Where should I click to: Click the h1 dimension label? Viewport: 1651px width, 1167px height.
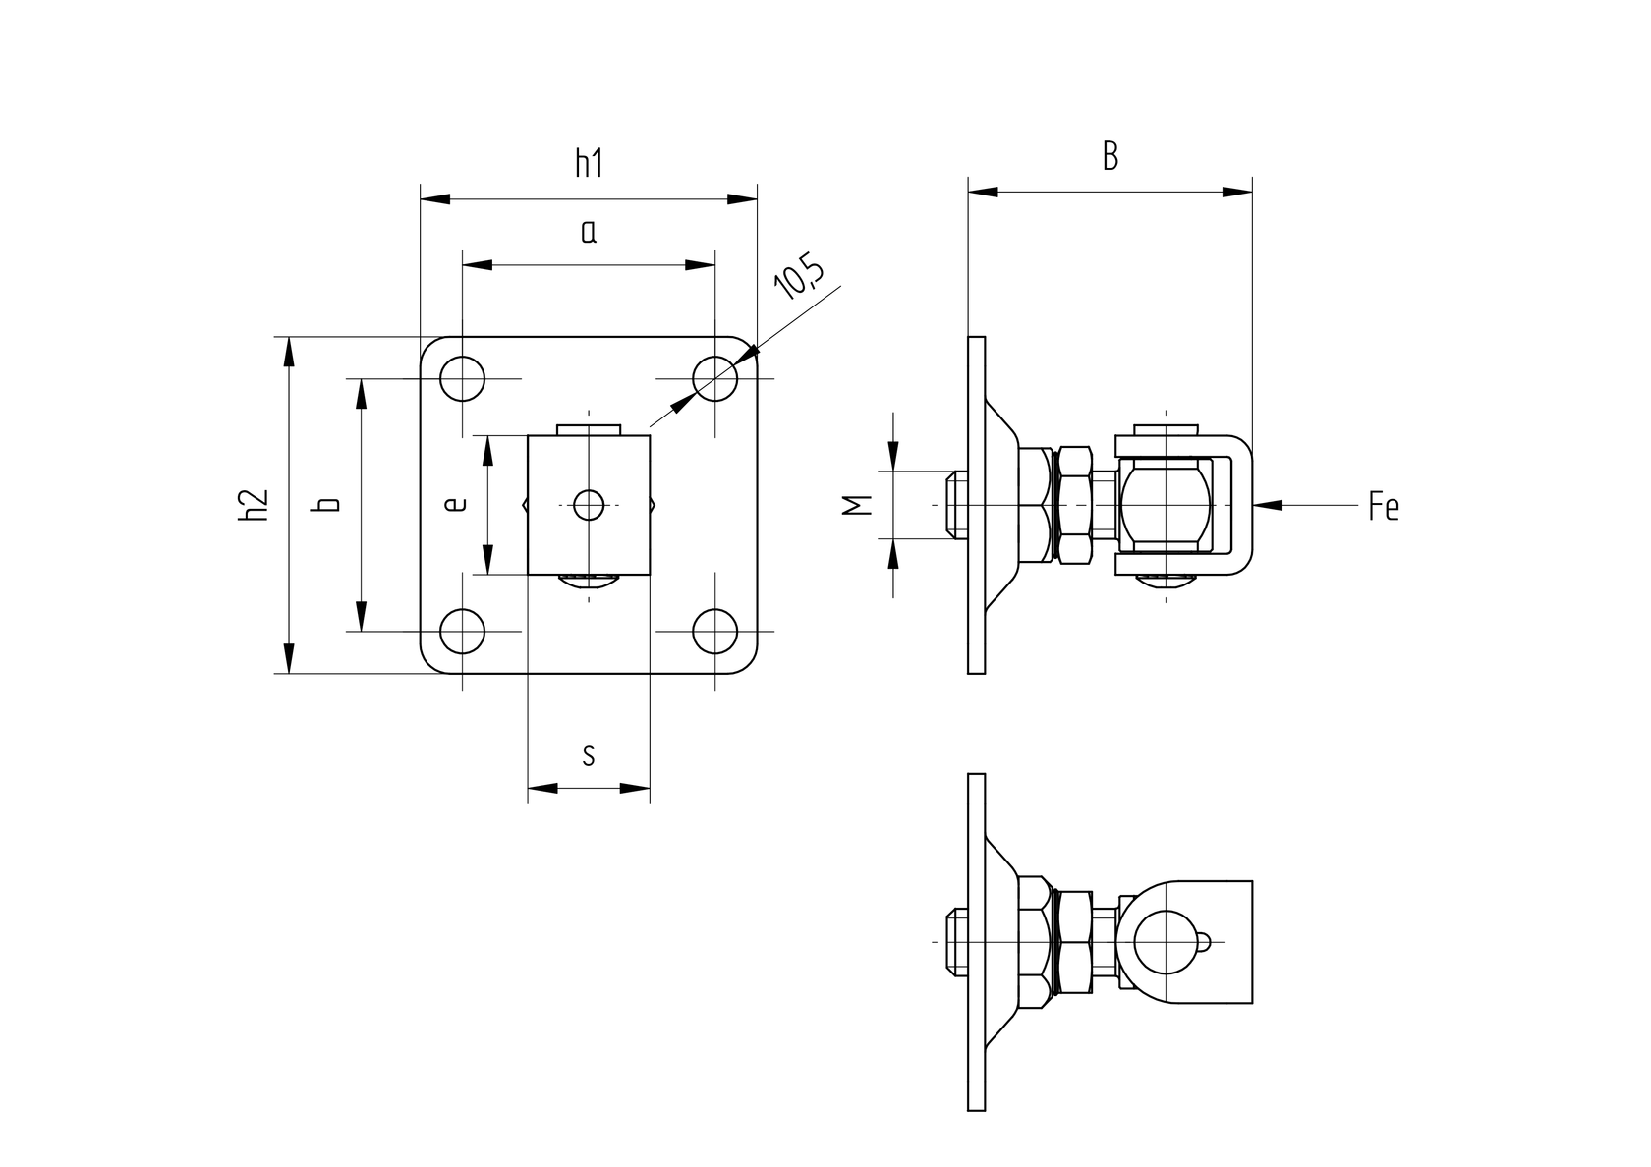pyautogui.click(x=589, y=163)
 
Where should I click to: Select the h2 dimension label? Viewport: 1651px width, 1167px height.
pyautogui.click(x=254, y=505)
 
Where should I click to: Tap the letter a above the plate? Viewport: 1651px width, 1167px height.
pyautogui.click(x=589, y=232)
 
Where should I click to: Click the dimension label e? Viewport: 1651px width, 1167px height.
pyautogui.click(x=453, y=505)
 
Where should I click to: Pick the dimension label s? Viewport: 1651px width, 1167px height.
pyautogui.click(x=589, y=754)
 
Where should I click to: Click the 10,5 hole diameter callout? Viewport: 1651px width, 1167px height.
pyautogui.click(x=799, y=277)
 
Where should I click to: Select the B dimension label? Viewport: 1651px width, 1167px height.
pyautogui.click(x=1110, y=156)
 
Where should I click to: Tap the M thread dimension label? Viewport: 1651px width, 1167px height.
pyautogui.click(x=858, y=505)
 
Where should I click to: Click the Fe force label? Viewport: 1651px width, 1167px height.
pyautogui.click(x=1383, y=507)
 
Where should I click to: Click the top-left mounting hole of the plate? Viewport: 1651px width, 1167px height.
pyautogui.click(x=463, y=378)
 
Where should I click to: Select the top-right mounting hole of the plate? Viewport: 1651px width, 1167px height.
pyautogui.click(x=715, y=378)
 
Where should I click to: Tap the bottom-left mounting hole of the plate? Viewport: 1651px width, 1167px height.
pyautogui.click(x=463, y=631)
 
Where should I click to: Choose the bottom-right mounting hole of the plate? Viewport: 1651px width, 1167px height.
pyautogui.click(x=715, y=631)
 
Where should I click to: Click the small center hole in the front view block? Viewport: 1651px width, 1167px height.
pyautogui.click(x=589, y=505)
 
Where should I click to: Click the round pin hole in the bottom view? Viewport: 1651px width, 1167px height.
pyautogui.click(x=1165, y=941)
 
